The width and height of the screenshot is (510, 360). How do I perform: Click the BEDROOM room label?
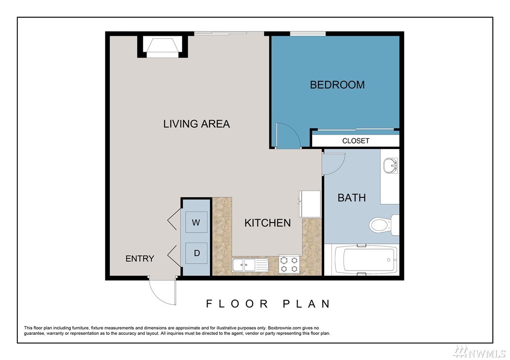click(x=337, y=85)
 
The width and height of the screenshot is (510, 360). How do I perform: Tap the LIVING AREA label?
click(x=196, y=124)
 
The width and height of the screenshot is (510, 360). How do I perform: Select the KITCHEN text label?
click(x=268, y=223)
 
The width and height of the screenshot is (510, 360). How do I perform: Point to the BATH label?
click(x=352, y=198)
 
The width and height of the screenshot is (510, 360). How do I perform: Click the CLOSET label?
click(x=356, y=141)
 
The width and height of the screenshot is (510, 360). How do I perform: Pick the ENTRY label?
click(x=140, y=258)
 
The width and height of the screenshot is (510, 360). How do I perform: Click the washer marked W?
click(x=196, y=222)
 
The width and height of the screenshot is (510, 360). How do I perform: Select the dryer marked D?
click(x=196, y=253)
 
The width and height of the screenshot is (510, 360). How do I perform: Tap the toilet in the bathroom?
click(x=384, y=225)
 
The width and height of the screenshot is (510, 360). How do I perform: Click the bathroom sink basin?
click(x=390, y=165)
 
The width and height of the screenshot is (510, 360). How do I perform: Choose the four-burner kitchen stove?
click(x=289, y=264)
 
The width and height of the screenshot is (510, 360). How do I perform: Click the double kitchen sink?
click(x=250, y=265)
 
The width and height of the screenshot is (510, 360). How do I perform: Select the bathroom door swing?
click(x=333, y=164)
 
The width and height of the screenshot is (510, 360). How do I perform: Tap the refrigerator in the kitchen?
click(x=310, y=204)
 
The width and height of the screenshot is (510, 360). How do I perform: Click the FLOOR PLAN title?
click(x=269, y=304)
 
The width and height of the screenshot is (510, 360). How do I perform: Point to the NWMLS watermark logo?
click(x=480, y=352)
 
